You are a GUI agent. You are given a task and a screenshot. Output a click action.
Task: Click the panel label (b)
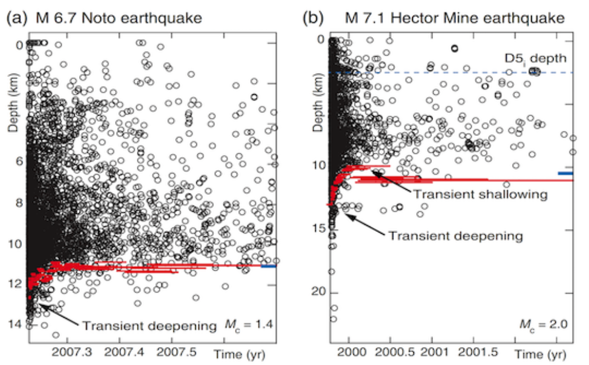[313, 19]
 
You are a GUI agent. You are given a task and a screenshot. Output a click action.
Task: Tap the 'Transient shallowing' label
[480, 194]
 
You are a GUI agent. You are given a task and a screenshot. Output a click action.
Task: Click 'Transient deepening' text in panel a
[149, 325]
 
